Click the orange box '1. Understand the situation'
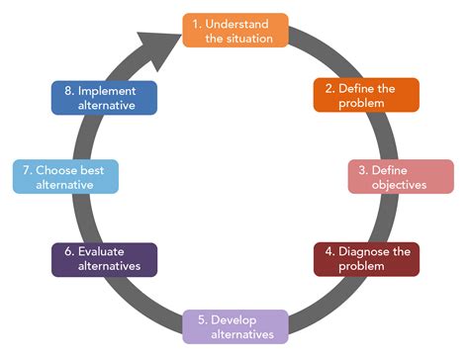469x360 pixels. [235, 30]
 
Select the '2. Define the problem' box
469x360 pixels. [366, 96]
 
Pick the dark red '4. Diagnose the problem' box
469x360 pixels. [366, 258]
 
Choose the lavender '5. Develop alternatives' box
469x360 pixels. [235, 325]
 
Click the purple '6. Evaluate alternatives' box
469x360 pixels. [104, 258]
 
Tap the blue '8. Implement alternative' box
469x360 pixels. [104, 96]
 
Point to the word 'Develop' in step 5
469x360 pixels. [243, 318]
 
